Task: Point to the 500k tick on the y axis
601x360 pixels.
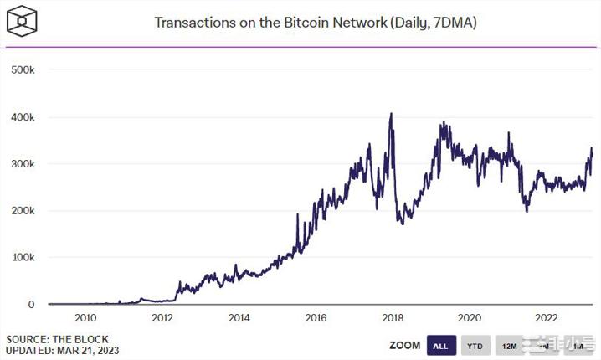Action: point(23,70)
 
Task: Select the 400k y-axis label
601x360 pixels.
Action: point(23,117)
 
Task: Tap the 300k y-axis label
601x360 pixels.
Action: point(23,164)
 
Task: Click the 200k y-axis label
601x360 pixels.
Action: point(23,211)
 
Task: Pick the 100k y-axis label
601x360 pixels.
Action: point(23,258)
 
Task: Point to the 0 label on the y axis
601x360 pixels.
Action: point(31,305)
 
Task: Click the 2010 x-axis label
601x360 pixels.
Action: point(85,318)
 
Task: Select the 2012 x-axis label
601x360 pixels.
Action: point(162,318)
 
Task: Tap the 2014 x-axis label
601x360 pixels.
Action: point(239,318)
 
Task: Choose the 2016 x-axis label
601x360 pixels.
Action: point(316,318)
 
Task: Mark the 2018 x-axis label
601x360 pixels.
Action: point(393,318)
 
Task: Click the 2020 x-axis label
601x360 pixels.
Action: point(470,318)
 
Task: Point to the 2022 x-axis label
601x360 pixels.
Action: point(547,318)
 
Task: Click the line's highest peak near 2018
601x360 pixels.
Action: point(391,114)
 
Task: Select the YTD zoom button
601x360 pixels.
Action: point(475,345)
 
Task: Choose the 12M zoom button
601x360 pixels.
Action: point(508,345)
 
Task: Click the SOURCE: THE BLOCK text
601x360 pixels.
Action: point(49,339)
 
